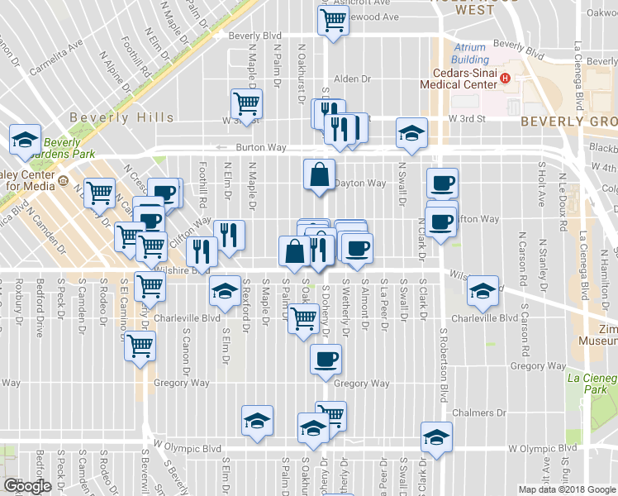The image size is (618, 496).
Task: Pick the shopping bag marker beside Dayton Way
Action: (320, 174)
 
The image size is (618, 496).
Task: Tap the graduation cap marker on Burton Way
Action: (411, 132)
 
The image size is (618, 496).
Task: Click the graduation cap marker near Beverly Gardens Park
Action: (25, 138)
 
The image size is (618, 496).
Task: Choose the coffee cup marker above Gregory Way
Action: (326, 358)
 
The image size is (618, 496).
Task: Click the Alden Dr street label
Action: (352, 79)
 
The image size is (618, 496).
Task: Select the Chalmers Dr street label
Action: (478, 413)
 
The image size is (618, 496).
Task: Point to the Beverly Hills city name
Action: (121, 117)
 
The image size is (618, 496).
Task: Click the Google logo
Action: (27, 486)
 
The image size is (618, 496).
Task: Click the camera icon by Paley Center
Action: (63, 176)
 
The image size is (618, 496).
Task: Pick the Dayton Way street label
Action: (365, 184)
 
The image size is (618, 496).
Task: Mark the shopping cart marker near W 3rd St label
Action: (246, 103)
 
